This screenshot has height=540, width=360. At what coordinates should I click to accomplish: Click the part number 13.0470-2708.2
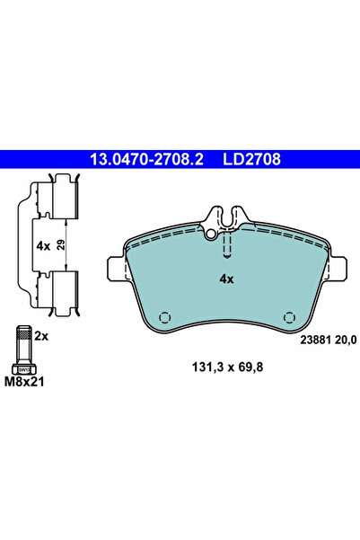(145, 161)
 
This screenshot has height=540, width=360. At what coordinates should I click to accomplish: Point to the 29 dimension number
(59, 244)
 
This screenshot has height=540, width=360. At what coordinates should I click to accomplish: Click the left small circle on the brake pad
(163, 318)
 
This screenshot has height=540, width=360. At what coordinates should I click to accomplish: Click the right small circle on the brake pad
(289, 318)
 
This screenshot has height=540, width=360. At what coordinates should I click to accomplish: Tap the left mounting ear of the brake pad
(115, 267)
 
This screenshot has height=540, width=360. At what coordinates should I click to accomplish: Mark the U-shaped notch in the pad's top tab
(226, 217)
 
